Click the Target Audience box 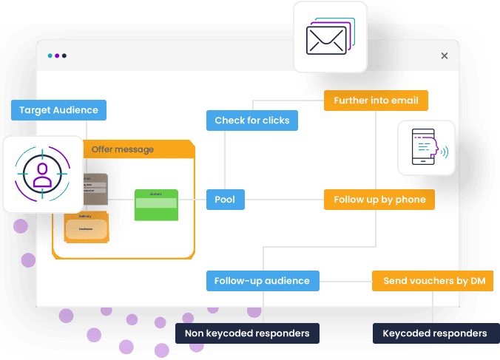coord(59,110)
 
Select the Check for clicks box coord(251,120)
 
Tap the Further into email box coord(376,101)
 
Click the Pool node coord(225,200)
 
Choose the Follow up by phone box coord(379,200)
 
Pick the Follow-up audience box coord(263,281)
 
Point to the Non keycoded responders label coord(247,333)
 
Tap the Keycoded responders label coord(434,333)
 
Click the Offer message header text coord(123,149)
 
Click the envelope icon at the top coord(330,37)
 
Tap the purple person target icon coord(42,174)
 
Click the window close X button coord(445,55)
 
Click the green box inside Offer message coord(156,205)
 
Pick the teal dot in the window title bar coord(50,55)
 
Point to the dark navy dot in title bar coord(64,55)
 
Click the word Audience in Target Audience coord(76,110)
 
